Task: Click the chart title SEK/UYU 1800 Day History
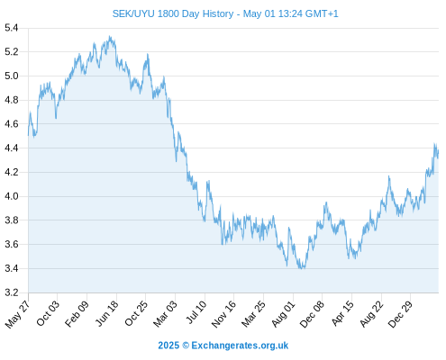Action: click(x=173, y=13)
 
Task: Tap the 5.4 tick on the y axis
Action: click(x=12, y=28)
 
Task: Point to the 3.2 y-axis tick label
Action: click(x=12, y=292)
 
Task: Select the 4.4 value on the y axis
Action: click(x=12, y=148)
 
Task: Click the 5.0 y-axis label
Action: click(x=12, y=76)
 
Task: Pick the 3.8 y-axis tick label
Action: click(x=12, y=220)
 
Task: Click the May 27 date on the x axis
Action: click(x=17, y=314)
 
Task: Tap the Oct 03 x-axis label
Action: click(x=48, y=313)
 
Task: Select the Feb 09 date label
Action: click(x=77, y=314)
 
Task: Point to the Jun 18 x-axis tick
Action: click(x=107, y=313)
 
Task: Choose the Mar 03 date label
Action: click(x=165, y=314)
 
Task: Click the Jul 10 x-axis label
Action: click(x=196, y=312)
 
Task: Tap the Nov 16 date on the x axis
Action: click(x=223, y=314)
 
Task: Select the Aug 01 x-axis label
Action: click(x=283, y=314)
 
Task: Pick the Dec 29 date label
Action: click(x=400, y=314)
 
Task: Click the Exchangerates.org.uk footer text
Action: click(x=240, y=346)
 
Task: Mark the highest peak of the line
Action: click(x=110, y=36)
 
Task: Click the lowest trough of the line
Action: click(x=301, y=268)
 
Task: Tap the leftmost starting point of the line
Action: click(x=29, y=136)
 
